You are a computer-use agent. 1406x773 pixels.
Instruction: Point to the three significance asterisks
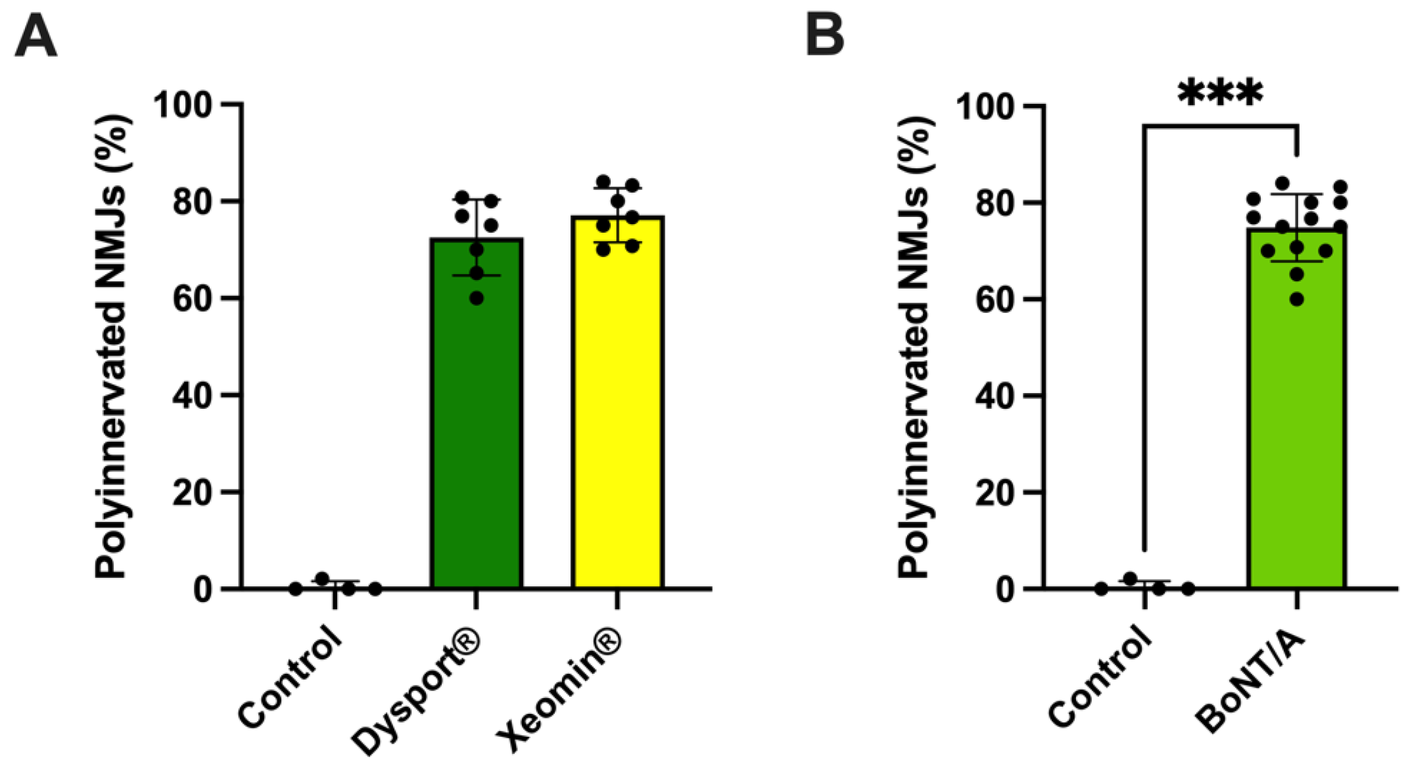pyautogui.click(x=1220, y=94)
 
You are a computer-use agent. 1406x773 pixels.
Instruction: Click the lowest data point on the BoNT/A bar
pyautogui.click(x=1297, y=300)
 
